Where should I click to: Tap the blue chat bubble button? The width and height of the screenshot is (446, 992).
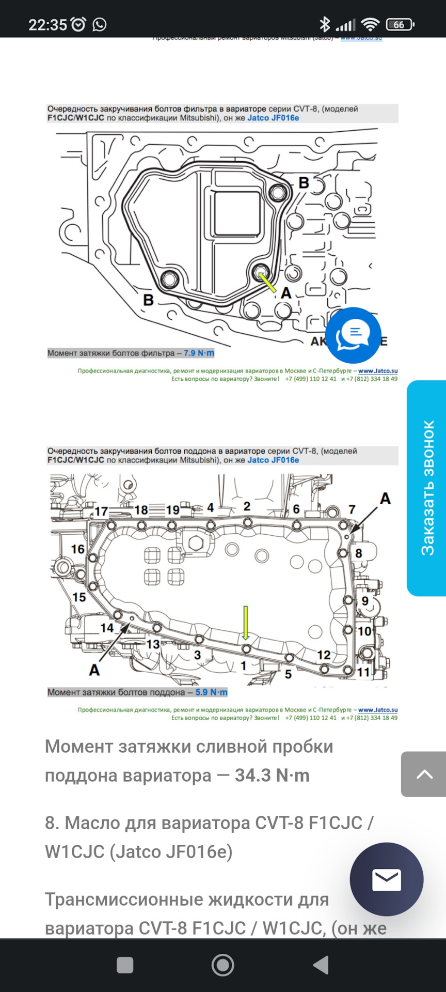point(353,335)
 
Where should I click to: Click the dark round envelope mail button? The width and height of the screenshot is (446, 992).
point(386,879)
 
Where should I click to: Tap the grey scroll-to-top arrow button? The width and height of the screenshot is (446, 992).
point(424,773)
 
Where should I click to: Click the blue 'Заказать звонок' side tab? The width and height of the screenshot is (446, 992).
point(427,488)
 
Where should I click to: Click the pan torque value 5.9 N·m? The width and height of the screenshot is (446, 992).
point(211,692)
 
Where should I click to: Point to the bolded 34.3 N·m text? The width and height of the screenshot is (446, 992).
point(272,776)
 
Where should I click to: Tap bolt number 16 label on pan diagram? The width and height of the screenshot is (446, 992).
point(78,549)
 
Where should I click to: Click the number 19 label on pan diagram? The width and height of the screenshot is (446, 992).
point(172,510)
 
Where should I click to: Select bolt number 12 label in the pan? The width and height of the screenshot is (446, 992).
point(324,655)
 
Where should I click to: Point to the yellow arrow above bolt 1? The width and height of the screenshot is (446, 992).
point(246,623)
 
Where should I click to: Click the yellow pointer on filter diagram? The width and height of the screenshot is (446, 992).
point(267,282)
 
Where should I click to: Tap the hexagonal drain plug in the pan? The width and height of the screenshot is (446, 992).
point(196,543)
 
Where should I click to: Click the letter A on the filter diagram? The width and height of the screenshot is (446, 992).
point(286,293)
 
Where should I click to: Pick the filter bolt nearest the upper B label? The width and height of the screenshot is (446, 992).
point(278,193)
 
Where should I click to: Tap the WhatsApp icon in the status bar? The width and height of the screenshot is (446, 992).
point(99,24)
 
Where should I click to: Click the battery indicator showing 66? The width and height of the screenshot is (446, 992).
point(401,24)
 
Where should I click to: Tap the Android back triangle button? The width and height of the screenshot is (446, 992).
point(321,965)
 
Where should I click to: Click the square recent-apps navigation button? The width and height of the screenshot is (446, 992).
point(125,965)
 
